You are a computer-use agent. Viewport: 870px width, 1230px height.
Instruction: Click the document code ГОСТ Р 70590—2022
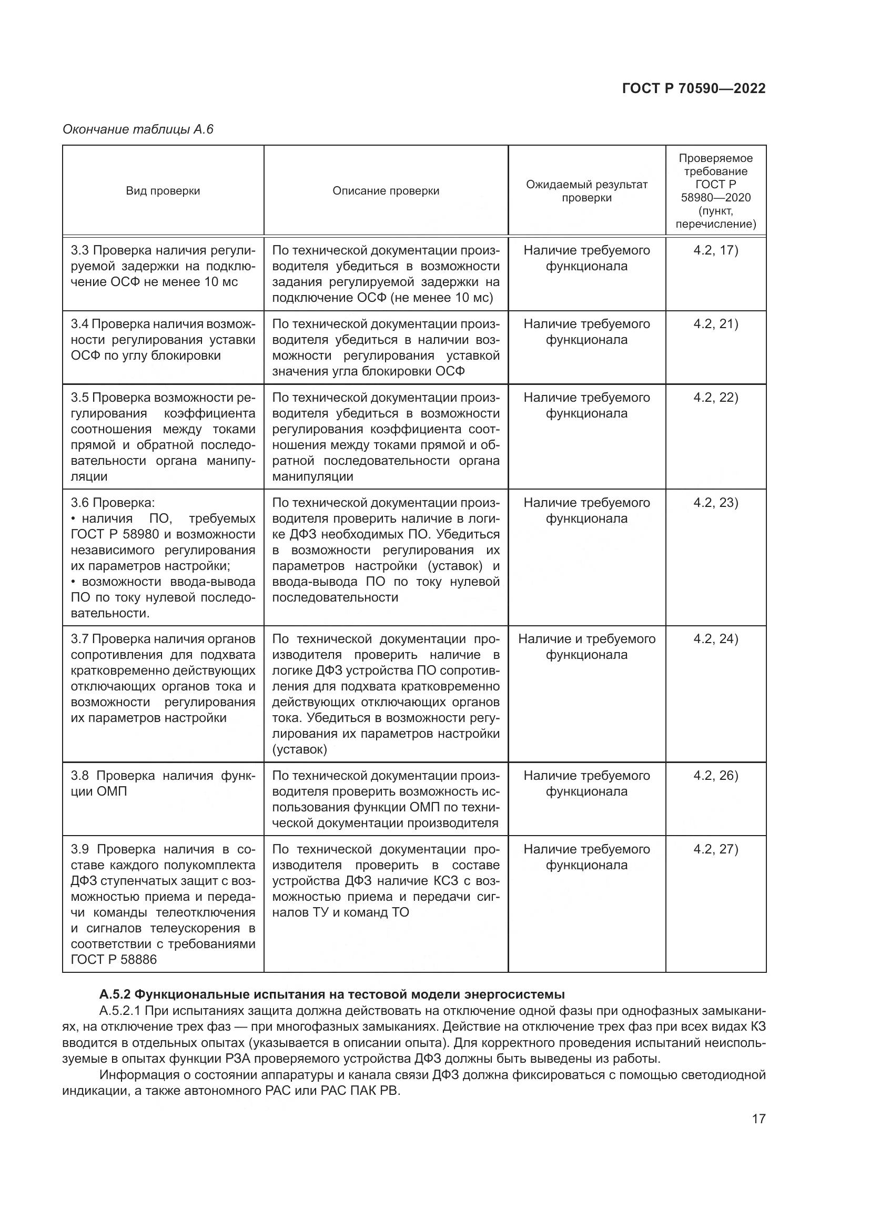(693, 88)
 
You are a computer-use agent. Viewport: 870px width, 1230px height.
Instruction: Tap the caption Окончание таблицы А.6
(138, 129)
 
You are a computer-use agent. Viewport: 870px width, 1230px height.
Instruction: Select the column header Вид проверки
(163, 191)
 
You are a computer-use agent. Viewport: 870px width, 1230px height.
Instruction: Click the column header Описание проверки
(386, 191)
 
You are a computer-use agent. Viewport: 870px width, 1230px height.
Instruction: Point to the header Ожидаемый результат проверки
(586, 191)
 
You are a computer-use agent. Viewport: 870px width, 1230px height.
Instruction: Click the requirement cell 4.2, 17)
(715, 250)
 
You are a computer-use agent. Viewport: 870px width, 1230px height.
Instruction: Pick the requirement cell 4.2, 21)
(715, 324)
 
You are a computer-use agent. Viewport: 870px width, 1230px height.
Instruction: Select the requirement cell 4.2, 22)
(715, 398)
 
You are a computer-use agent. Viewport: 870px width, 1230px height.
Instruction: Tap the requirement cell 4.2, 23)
(715, 503)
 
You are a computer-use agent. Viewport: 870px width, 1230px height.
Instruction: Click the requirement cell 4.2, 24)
(715, 638)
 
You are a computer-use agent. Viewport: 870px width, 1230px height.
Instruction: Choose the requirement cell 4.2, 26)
(715, 776)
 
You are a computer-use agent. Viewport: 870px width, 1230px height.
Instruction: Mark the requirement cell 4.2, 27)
(715, 849)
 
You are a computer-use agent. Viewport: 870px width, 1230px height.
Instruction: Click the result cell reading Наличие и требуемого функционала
(586, 647)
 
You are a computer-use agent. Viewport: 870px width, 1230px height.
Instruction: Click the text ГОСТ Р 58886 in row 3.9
(114, 960)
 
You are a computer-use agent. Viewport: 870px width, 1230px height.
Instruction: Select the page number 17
(758, 1119)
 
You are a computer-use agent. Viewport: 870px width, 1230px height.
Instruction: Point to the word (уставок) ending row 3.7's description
(299, 749)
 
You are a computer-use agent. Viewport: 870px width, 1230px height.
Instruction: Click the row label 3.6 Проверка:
(113, 503)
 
